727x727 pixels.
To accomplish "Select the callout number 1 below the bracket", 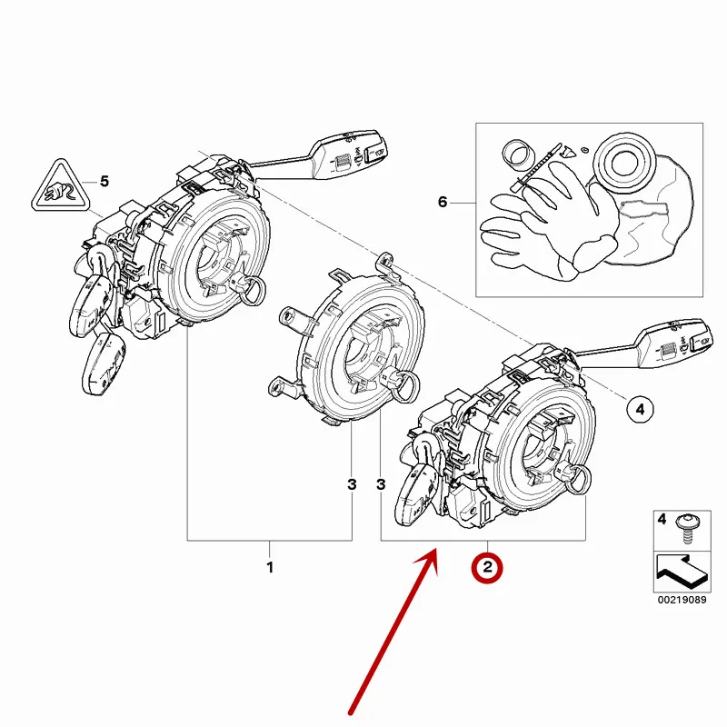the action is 270,568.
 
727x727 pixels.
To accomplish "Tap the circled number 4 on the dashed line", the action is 640,410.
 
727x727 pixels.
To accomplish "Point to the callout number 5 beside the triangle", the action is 104,181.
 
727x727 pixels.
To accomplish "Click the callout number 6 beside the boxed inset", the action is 443,202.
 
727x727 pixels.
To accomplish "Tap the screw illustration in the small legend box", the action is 688,527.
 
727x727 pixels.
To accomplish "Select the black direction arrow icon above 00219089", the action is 679,572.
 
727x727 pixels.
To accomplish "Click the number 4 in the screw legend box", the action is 662,521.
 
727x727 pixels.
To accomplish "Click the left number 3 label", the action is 352,485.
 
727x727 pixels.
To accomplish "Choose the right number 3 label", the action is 382,485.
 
